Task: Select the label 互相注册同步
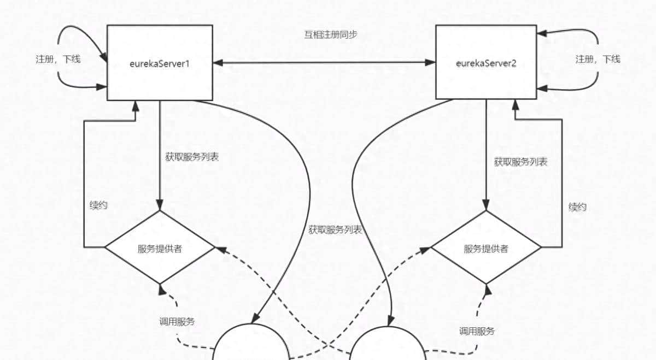click(x=331, y=35)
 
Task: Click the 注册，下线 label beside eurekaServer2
click(x=598, y=59)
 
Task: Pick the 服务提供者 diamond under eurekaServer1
click(x=160, y=247)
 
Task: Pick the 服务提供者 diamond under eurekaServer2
click(x=486, y=247)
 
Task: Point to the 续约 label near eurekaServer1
click(x=98, y=205)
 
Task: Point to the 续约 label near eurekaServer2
click(x=577, y=208)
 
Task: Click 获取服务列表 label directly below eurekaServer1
click(x=192, y=157)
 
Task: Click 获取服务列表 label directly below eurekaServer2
click(x=520, y=162)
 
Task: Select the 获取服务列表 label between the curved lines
click(x=335, y=229)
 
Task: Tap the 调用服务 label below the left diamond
click(x=177, y=322)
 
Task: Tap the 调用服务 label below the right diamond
click(x=477, y=331)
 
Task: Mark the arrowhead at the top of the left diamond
click(x=160, y=206)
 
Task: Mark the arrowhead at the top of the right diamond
click(x=486, y=206)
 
